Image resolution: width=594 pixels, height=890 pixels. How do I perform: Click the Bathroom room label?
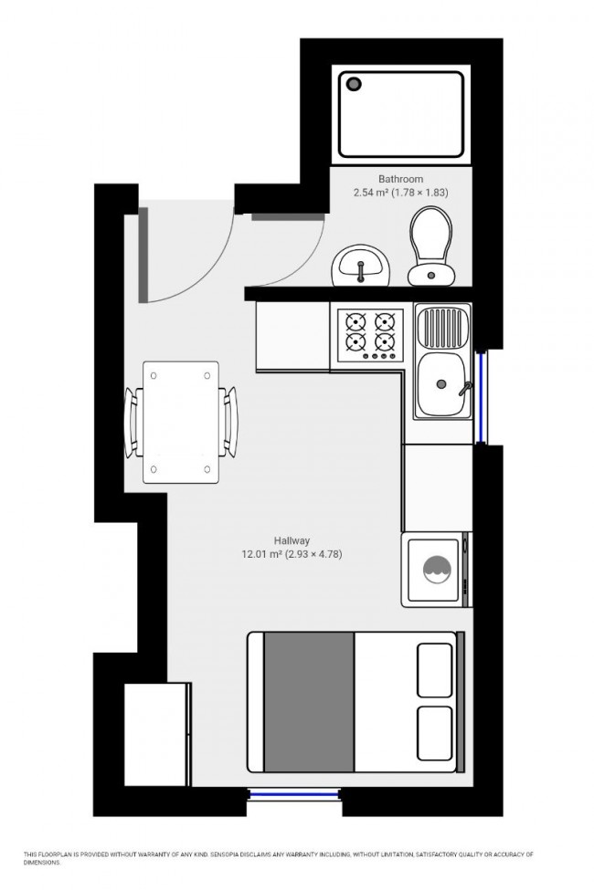[400, 179]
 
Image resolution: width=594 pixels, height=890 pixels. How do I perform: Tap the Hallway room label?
[292, 539]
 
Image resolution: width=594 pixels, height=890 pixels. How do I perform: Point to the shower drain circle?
[355, 84]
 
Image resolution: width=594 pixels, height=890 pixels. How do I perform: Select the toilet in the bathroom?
[429, 245]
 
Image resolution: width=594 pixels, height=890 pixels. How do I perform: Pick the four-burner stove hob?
[371, 334]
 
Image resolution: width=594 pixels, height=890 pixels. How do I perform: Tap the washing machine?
[435, 569]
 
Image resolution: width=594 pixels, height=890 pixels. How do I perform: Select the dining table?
[181, 422]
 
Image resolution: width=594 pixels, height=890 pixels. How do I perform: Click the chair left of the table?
[133, 422]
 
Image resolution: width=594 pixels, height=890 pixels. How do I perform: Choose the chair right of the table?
[228, 421]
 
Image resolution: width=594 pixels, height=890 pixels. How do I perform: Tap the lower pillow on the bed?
[435, 734]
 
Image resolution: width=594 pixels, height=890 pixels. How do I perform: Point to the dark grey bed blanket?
[309, 700]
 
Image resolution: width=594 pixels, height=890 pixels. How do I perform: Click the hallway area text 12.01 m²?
[260, 554]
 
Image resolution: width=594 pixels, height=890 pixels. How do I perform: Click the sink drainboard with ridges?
[442, 327]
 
